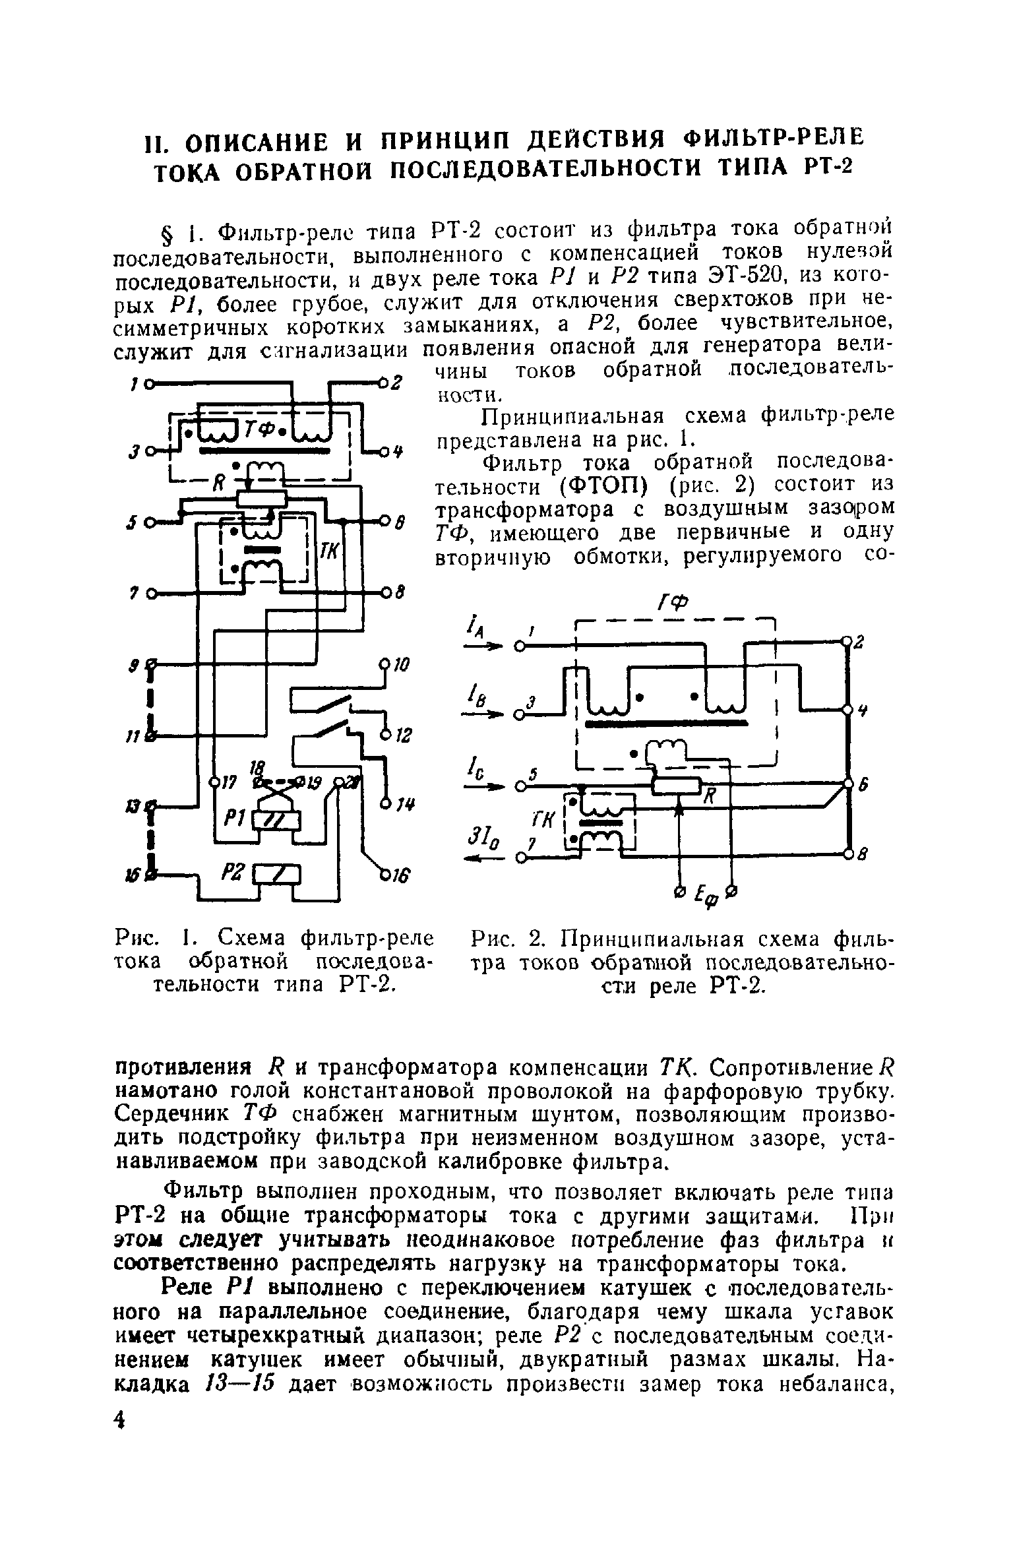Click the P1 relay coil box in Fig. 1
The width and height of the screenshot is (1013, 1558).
(x=276, y=821)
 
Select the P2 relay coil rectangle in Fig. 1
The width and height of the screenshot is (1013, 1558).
(x=276, y=876)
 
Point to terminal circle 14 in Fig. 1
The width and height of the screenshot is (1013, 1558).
(x=386, y=802)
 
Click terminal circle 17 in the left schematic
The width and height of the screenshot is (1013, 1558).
(x=214, y=783)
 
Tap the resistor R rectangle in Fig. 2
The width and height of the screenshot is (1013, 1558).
(x=675, y=785)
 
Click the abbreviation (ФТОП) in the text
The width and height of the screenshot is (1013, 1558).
(x=605, y=486)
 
